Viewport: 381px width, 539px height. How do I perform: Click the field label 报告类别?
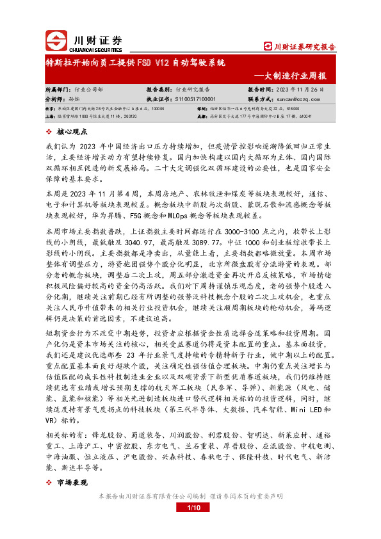[160, 90]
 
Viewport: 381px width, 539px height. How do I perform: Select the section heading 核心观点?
[75, 131]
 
